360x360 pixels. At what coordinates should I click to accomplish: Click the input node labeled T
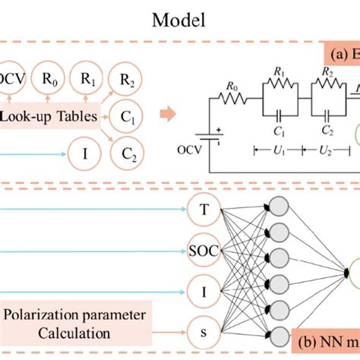tap(205, 208)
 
